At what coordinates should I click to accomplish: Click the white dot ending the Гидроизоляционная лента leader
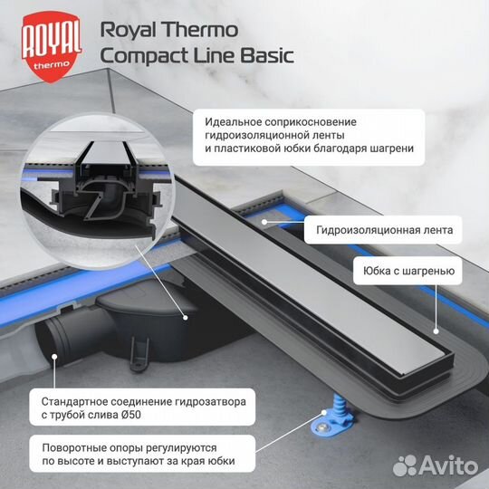(x=264, y=221)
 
